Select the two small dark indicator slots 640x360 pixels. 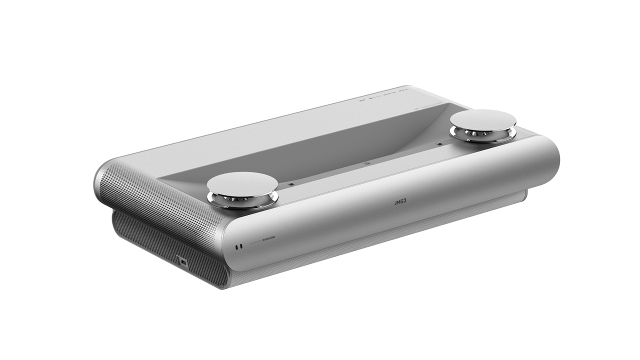click(238, 246)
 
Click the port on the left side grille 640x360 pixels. click(182, 261)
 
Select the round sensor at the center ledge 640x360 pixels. click(366, 163)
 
